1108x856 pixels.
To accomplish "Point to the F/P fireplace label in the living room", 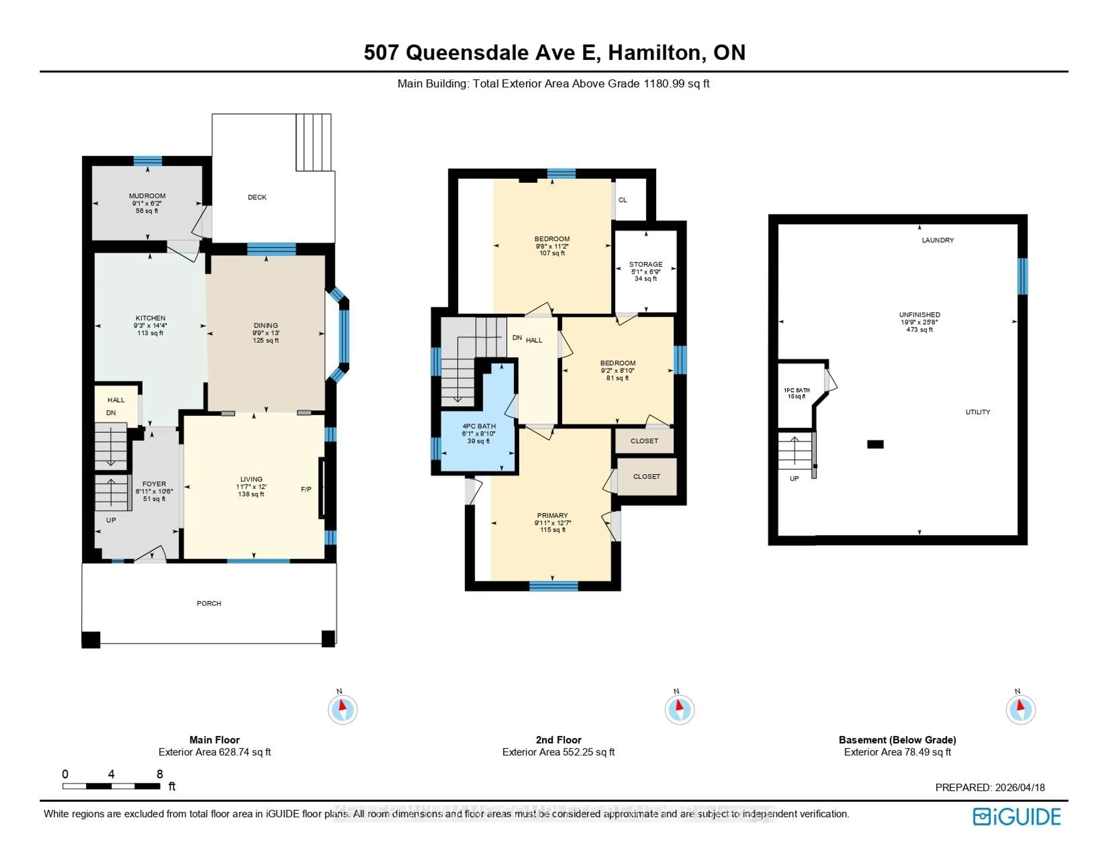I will [306, 489].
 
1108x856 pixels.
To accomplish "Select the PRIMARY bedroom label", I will [553, 515].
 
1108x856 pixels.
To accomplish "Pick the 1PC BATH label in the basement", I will [796, 390].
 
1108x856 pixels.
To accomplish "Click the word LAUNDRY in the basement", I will [937, 240].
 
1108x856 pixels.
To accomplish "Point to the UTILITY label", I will [978, 412].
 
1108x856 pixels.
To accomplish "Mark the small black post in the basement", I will [875, 444].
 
